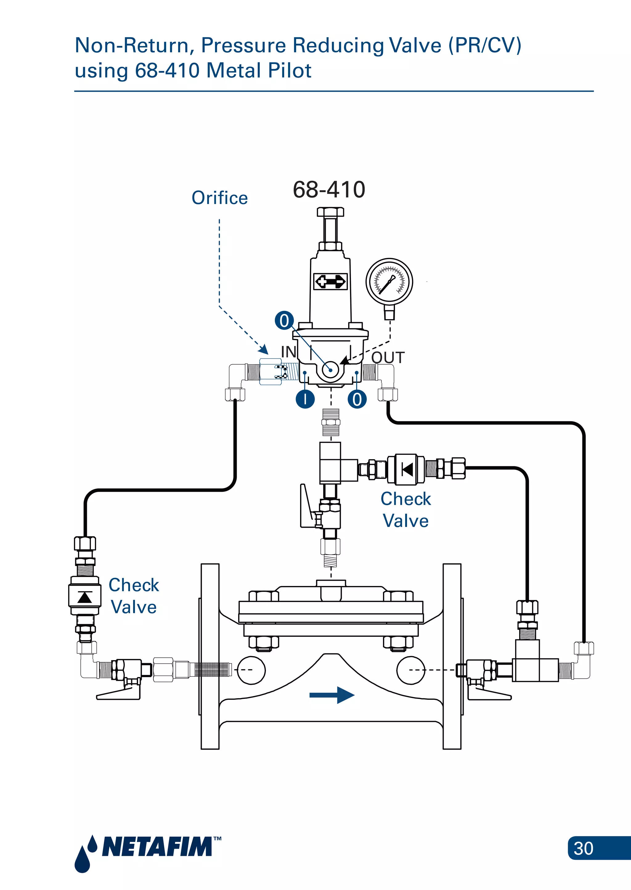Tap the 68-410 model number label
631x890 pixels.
tap(329, 190)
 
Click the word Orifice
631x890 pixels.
tap(220, 198)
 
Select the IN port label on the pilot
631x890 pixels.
tap(289, 352)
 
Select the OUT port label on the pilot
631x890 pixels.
tap(388, 358)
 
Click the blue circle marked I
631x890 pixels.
tap(305, 399)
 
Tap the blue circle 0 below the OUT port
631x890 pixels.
tap(357, 399)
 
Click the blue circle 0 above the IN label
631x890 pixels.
tap(284, 321)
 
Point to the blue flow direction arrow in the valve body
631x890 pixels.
tap(332, 695)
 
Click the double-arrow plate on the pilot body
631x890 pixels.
tap(330, 281)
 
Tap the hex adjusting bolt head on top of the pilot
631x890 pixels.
tap(330, 212)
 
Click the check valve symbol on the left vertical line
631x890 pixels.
tap(85, 597)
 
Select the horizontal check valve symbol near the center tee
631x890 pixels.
tap(406, 469)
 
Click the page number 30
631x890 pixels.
tap(583, 848)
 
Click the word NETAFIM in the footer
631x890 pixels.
tap(157, 847)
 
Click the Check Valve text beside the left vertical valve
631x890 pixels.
tap(134, 596)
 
